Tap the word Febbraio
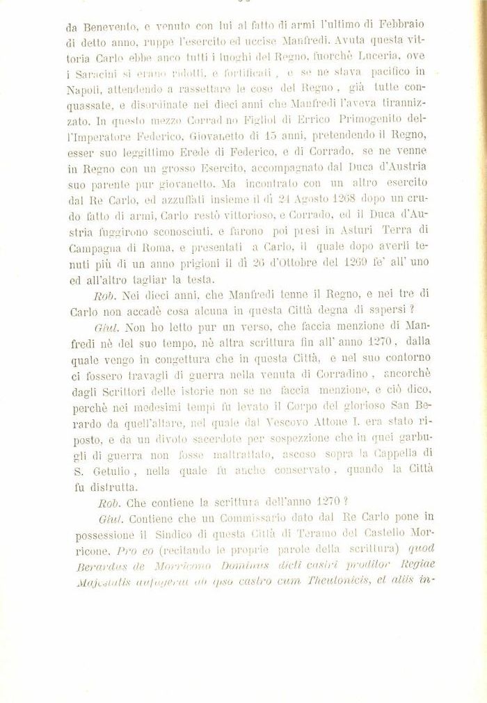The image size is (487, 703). (x=408, y=26)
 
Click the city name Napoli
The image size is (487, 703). (x=84, y=89)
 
